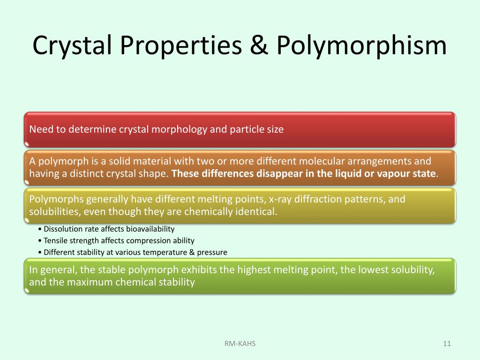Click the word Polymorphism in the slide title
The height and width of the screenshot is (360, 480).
tap(361, 46)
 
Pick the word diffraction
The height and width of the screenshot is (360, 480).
tap(318, 199)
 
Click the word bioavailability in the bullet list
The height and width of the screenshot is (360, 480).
tap(149, 229)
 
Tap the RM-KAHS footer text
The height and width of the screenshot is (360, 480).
tap(240, 344)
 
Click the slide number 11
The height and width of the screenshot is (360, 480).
tap(447, 344)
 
